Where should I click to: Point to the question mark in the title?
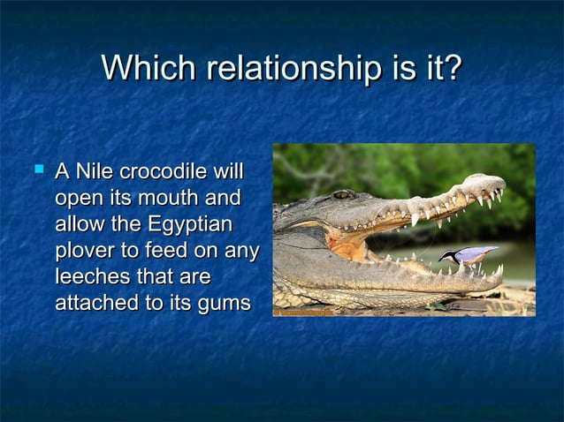click(x=451, y=68)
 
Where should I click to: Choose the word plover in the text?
click(x=82, y=250)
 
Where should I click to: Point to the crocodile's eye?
click(x=340, y=194)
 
